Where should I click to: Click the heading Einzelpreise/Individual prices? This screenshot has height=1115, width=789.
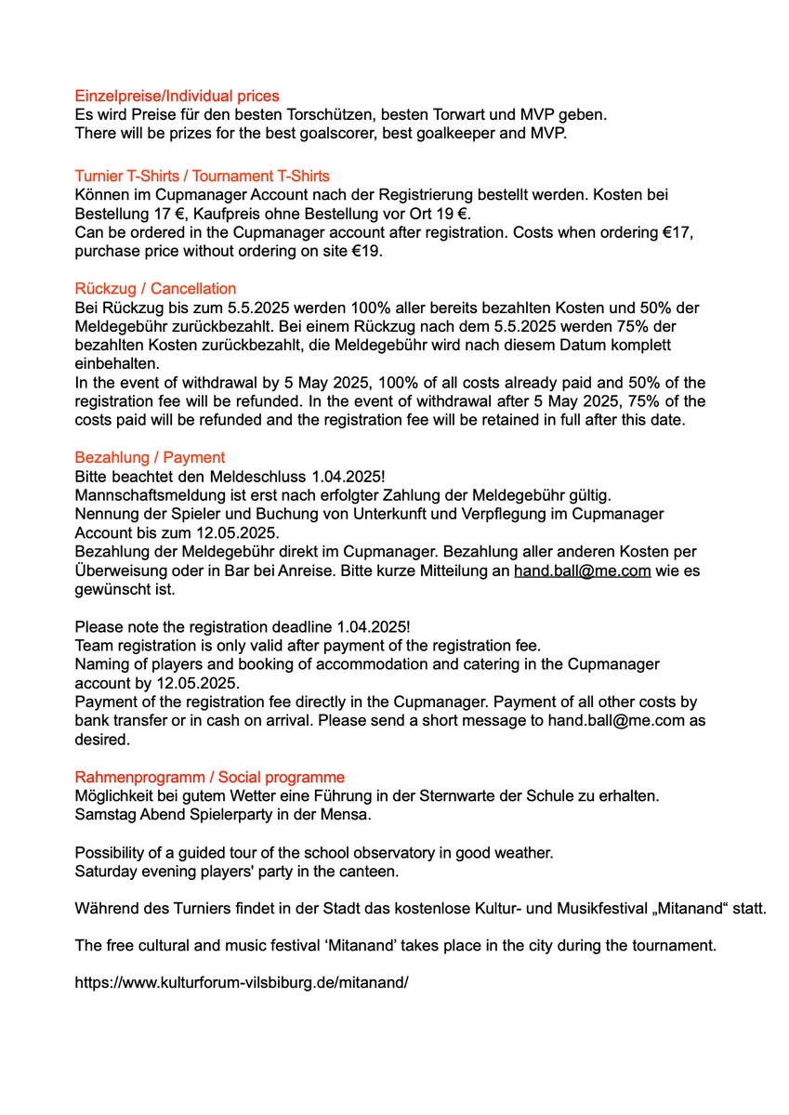click(177, 96)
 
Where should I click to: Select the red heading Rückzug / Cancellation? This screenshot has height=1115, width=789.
click(155, 288)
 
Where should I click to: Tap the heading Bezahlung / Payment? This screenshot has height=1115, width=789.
click(150, 457)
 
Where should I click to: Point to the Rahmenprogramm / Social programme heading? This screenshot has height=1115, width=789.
click(209, 777)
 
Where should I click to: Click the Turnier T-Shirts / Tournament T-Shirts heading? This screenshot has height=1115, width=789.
click(202, 176)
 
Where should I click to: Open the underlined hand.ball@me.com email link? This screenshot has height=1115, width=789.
click(582, 571)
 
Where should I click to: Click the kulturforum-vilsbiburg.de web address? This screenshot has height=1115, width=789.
click(242, 980)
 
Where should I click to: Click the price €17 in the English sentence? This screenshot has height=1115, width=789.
click(678, 232)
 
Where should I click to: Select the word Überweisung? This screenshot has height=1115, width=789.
click(120, 571)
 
